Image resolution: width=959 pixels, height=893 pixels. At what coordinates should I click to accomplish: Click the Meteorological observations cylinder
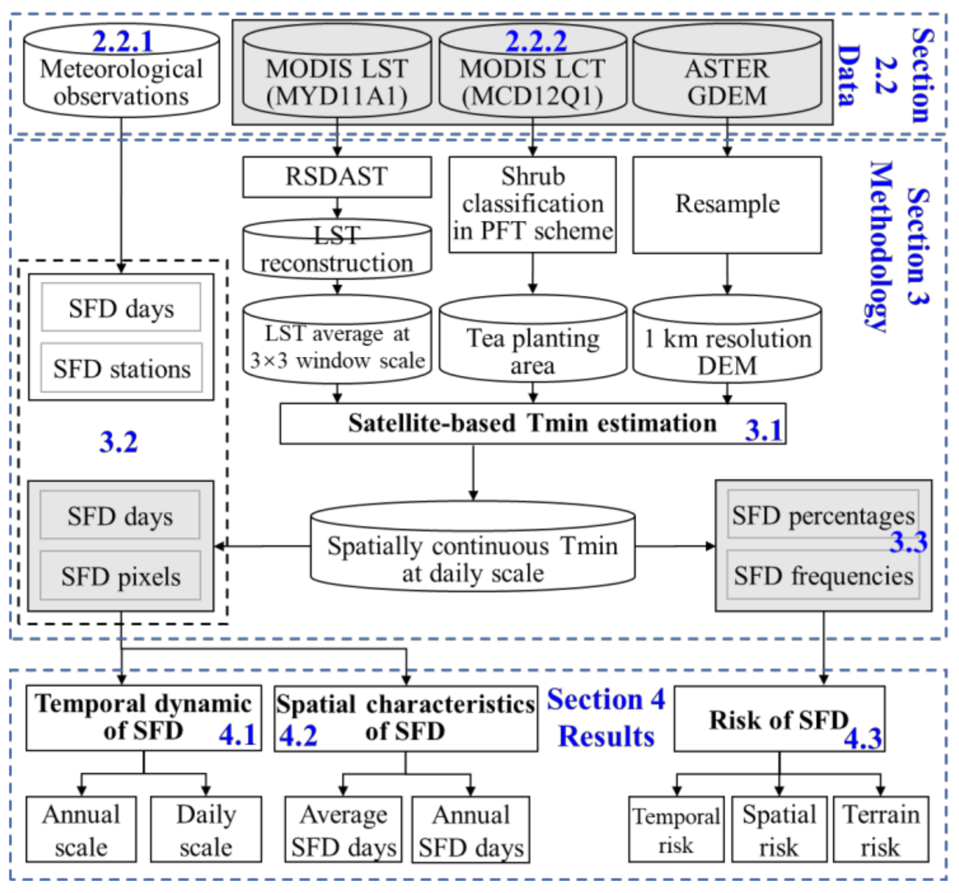point(121,76)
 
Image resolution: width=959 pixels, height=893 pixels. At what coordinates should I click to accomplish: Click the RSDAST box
point(337,177)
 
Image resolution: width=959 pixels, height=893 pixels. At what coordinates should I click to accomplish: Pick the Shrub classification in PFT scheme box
point(532,204)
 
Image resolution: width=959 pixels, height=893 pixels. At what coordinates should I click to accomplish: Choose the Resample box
point(727,204)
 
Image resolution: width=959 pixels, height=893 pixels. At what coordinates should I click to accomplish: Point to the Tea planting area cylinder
point(532,345)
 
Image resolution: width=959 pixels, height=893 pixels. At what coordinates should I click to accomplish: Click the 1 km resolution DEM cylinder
point(727,345)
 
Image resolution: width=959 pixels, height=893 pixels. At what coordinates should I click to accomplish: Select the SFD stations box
point(122,368)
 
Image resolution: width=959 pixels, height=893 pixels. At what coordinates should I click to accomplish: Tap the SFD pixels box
point(120,575)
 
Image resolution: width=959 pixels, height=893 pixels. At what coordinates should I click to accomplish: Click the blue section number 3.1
point(763,430)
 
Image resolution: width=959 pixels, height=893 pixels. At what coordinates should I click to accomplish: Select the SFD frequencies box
point(823,575)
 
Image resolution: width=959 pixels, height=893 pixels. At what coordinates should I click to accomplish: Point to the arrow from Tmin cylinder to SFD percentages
point(675,546)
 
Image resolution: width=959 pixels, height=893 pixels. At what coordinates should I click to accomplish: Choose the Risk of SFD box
point(779,719)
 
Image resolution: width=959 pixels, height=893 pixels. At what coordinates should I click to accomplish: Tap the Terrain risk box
point(880,829)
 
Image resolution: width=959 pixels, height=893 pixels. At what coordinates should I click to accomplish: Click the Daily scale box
point(206,829)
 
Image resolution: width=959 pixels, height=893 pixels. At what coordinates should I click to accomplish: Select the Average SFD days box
point(343,829)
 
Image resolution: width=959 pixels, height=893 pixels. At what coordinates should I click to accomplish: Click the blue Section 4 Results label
point(606,718)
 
